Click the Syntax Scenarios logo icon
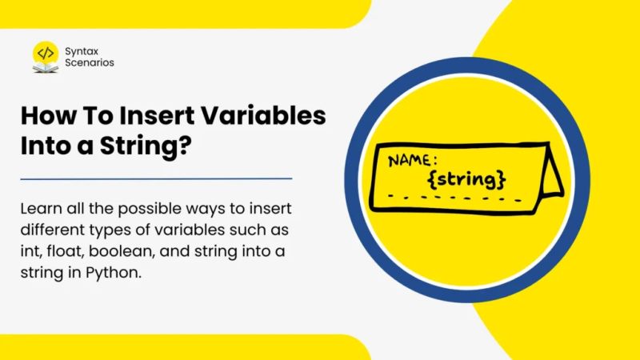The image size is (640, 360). tap(46, 56)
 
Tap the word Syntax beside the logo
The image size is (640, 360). tap(84, 50)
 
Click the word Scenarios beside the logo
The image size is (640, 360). tap(91, 62)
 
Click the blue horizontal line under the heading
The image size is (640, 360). tap(156, 178)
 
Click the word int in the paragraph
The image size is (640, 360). tap(28, 250)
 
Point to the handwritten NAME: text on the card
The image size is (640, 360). tap(415, 160)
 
